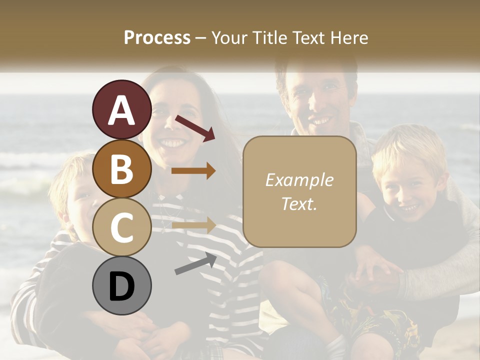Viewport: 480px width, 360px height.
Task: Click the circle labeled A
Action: point(121,109)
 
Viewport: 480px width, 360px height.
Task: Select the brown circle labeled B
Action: point(121,168)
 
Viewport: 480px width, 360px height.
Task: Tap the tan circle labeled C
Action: point(121,227)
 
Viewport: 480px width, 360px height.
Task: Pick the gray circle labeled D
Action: point(121,285)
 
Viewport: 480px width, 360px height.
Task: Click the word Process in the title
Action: point(157,37)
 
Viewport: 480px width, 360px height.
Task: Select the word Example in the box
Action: point(299,180)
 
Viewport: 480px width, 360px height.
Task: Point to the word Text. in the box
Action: point(299,203)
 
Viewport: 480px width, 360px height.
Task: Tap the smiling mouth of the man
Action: point(320,121)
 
